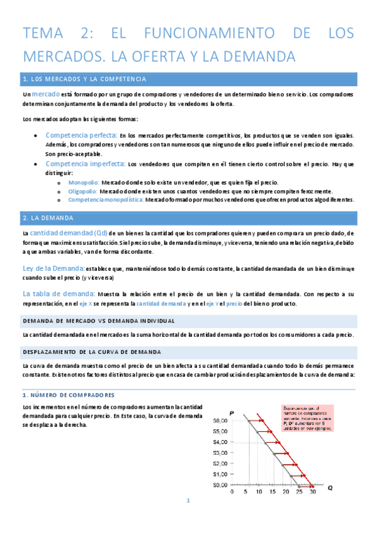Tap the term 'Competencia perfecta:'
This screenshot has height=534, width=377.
tap(81, 135)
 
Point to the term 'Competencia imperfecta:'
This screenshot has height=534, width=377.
tap(85, 164)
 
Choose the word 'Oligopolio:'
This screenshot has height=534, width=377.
tap(82, 191)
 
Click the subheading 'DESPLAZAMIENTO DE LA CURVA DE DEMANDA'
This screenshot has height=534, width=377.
tap(92, 351)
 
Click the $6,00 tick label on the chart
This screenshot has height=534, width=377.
tap(220, 421)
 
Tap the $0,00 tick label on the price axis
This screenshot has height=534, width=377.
tap(220, 485)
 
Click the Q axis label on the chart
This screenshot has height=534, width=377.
tap(329, 487)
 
